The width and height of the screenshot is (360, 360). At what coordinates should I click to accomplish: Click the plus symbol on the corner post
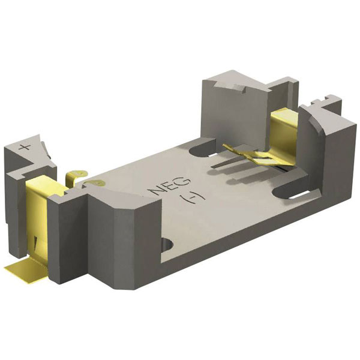pyautogui.click(x=24, y=146)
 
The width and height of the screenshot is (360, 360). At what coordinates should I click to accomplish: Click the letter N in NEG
pyautogui.click(x=152, y=191)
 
